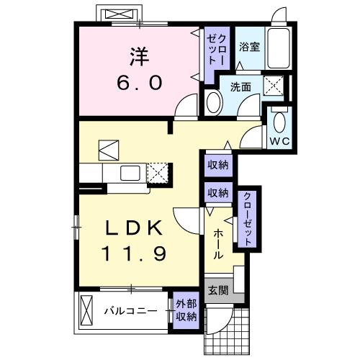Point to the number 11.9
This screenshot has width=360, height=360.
(134, 253)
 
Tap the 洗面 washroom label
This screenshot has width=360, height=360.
(240, 87)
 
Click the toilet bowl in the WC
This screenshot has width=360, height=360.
(279, 120)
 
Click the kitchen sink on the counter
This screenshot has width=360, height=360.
(130, 173)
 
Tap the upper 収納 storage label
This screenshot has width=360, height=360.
(217, 165)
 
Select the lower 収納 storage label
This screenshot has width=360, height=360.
(217, 192)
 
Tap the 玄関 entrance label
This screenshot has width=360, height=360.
(219, 290)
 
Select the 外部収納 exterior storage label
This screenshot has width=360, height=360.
(185, 311)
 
